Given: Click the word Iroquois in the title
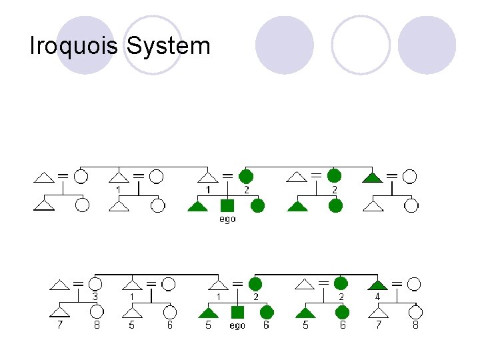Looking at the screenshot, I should (x=74, y=46).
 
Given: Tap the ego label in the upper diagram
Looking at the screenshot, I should (x=227, y=219).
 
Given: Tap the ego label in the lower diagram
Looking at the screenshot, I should (x=237, y=325).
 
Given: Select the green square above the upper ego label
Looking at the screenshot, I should (x=227, y=205).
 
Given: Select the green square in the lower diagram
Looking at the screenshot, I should (x=237, y=312).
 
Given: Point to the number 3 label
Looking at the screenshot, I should (x=95, y=296).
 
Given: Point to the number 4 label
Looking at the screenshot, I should (x=377, y=296).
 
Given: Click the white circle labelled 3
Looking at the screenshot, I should (x=95, y=285).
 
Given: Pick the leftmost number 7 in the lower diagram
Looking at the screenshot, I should (x=59, y=325).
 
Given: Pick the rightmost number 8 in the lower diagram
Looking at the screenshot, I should (x=415, y=325).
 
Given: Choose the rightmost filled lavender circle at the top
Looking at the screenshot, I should (x=427, y=45).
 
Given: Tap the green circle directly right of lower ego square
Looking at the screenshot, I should (x=267, y=312).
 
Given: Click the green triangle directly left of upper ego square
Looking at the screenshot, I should (x=198, y=206).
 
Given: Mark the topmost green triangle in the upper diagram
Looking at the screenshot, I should (x=373, y=177).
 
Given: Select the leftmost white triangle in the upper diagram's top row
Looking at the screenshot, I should (x=44, y=177).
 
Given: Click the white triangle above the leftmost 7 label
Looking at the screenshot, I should (x=60, y=312).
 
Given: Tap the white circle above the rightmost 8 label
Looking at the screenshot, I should (x=415, y=312).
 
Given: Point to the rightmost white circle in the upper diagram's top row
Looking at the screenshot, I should (x=410, y=177).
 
